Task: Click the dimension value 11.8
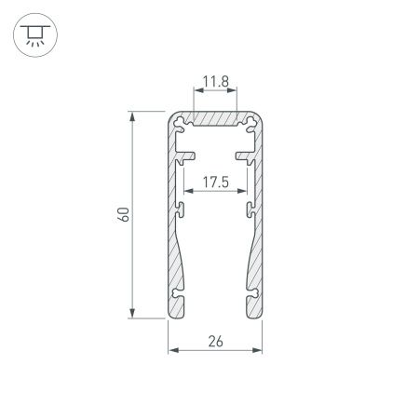(215, 83)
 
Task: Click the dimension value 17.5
(215, 182)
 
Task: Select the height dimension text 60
(123, 215)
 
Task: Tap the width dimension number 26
(215, 341)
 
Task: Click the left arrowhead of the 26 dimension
(172, 351)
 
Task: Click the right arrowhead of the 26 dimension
(257, 351)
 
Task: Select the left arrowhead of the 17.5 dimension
(189, 193)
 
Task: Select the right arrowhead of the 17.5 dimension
(241, 193)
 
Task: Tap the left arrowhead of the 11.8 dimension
(197, 93)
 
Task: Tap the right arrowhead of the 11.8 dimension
(233, 93)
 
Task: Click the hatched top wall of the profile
(215, 121)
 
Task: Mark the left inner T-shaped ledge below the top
(185, 149)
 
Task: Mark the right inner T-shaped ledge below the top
(245, 149)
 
